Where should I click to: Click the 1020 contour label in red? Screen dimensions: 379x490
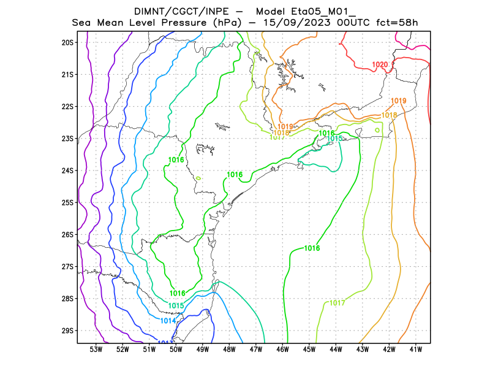point(380,65)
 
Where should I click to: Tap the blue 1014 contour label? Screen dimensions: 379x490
point(168,321)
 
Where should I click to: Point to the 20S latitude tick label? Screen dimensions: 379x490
point(67,42)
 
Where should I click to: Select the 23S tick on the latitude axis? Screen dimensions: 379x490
point(67,139)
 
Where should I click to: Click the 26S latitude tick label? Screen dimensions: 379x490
point(67,234)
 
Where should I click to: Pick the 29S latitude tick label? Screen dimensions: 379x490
point(67,331)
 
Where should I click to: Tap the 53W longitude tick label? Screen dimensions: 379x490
point(96,350)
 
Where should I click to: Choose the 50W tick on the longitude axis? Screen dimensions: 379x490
point(176,350)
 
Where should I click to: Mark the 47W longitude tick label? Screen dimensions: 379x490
point(256,350)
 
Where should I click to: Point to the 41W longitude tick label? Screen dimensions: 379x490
point(416,350)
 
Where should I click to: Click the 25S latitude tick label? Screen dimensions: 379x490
point(67,202)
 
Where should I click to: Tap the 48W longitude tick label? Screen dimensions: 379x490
point(229,350)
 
